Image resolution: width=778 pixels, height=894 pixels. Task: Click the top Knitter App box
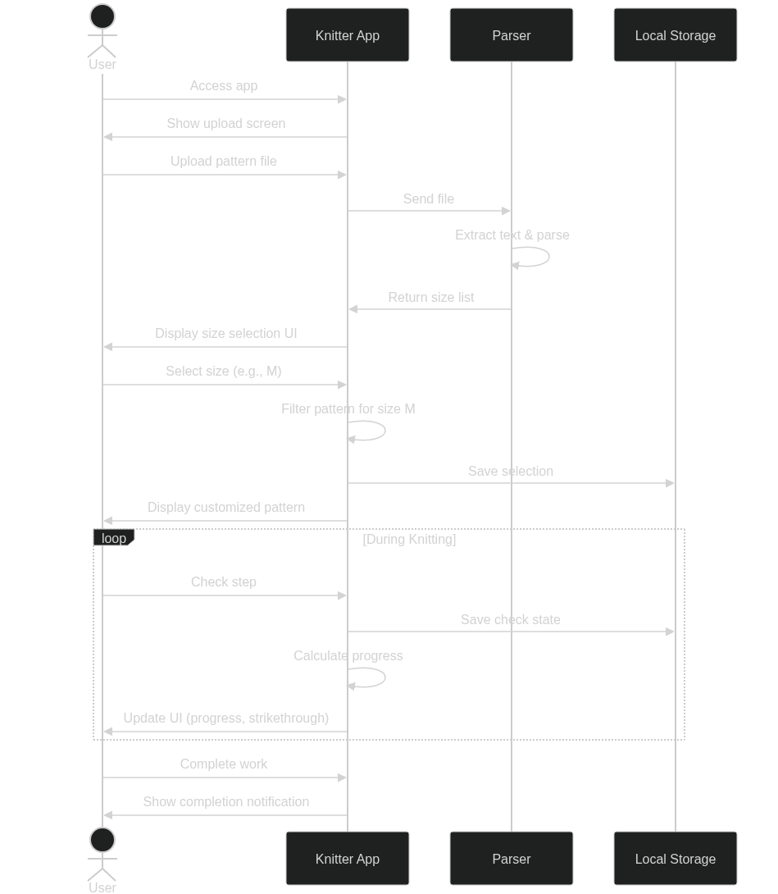pos(347,35)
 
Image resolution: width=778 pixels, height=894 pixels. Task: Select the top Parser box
pos(511,35)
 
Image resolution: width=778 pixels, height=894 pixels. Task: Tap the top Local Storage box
pos(675,35)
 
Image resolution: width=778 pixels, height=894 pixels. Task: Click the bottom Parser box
pos(511,859)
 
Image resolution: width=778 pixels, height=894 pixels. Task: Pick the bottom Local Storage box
pos(675,859)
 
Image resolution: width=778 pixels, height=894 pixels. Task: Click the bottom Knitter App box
pos(347,859)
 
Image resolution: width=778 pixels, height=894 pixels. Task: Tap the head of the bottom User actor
pos(102,840)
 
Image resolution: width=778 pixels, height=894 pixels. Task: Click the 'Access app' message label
pos(224,85)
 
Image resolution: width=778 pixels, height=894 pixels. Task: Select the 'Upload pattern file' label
pos(224,161)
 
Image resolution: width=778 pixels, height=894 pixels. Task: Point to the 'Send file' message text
pos(429,198)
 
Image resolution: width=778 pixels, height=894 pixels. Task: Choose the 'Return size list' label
pos(431,297)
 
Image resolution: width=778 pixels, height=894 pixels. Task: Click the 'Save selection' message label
pos(511,471)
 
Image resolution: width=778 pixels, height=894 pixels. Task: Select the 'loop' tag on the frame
pos(114,538)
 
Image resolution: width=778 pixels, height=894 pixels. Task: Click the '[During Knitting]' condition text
pos(409,539)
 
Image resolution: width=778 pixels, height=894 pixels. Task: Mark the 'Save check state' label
pos(511,619)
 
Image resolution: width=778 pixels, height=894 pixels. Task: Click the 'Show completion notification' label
pos(226,801)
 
